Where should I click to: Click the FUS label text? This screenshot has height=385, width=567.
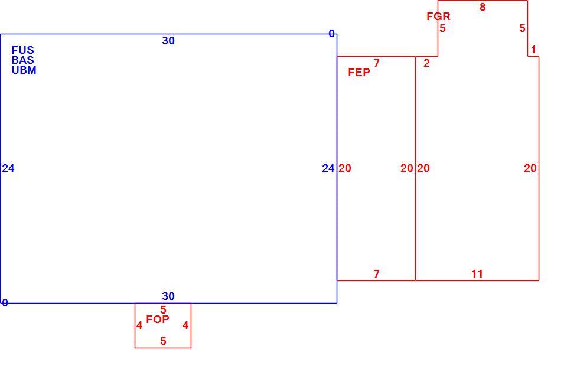click(x=23, y=50)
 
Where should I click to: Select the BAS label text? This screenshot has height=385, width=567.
click(x=23, y=60)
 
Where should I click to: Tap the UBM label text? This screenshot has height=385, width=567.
click(x=24, y=70)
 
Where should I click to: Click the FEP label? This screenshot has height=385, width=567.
click(x=359, y=73)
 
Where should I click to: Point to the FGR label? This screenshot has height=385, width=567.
click(x=438, y=17)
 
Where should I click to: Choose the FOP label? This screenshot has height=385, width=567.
click(x=158, y=319)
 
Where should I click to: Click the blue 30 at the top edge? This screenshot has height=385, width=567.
click(x=168, y=41)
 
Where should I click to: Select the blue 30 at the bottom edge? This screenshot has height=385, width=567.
click(x=168, y=296)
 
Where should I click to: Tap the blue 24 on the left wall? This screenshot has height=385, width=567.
click(x=8, y=168)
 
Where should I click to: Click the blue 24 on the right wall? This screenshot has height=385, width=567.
click(x=328, y=168)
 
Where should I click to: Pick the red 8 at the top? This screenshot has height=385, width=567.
click(x=483, y=7)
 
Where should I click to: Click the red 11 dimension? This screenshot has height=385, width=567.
click(x=477, y=274)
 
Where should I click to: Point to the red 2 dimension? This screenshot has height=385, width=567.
click(x=426, y=63)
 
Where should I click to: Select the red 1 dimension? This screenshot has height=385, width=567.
click(x=534, y=50)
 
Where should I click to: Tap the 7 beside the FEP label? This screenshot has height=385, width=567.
click(x=377, y=63)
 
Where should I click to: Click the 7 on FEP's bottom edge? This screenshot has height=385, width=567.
click(x=377, y=274)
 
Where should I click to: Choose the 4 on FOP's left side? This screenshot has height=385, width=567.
click(x=139, y=326)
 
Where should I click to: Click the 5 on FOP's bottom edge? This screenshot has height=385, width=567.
click(x=164, y=341)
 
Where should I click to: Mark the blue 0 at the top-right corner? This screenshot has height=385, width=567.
click(x=331, y=34)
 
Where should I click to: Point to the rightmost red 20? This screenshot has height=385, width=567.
click(x=530, y=168)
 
